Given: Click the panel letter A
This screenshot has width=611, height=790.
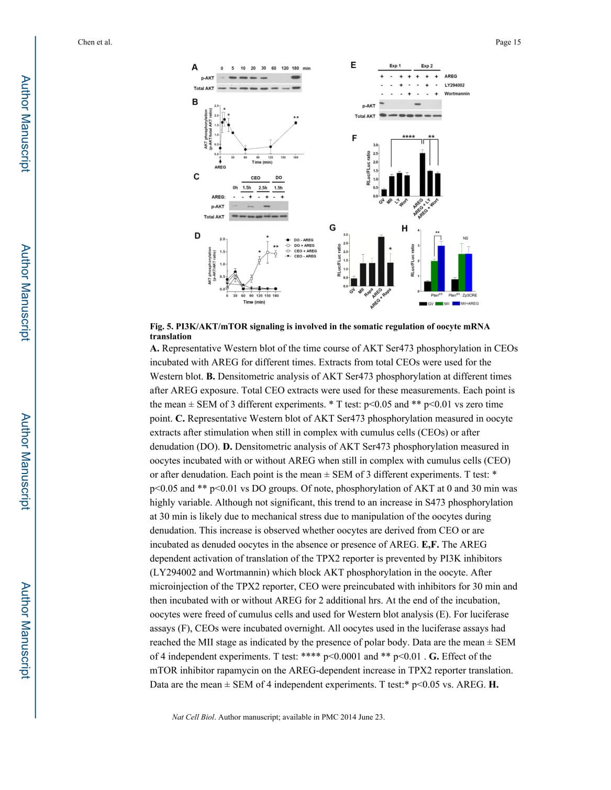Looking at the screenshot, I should pyautogui.click(x=195, y=67).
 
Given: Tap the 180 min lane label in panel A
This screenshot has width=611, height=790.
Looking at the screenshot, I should pyautogui.click(x=295, y=69).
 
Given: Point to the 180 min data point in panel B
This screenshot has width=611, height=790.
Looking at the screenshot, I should pyautogui.click(x=296, y=123).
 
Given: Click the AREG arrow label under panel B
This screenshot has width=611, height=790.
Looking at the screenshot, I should pyautogui.click(x=220, y=167).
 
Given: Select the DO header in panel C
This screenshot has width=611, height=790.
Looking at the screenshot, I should pyautogui.click(x=279, y=178).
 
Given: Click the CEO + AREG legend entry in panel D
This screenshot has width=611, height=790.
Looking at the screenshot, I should pyautogui.click(x=305, y=251).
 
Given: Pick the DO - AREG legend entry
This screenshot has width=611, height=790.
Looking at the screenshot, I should pyautogui.click(x=304, y=240).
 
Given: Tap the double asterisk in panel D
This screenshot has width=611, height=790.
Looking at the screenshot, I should pyautogui.click(x=276, y=247).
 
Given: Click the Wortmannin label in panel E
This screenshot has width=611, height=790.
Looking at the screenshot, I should pyautogui.click(x=457, y=94).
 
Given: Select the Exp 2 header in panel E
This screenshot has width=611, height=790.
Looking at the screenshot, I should pyautogui.click(x=427, y=66).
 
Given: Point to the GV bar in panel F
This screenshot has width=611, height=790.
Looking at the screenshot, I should pyautogui.click(x=384, y=192).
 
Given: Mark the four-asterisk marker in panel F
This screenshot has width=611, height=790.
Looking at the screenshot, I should pyautogui.click(x=408, y=137).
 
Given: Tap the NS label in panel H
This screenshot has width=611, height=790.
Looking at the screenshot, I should pyautogui.click(x=465, y=238).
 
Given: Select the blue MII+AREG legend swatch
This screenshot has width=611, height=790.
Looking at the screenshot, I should pyautogui.click(x=456, y=303).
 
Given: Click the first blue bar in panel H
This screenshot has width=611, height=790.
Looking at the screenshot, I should pyautogui.click(x=441, y=268).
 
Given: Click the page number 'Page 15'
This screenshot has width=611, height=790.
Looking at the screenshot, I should pyautogui.click(x=508, y=42).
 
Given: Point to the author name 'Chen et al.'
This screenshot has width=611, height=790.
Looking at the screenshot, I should pyautogui.click(x=95, y=42).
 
